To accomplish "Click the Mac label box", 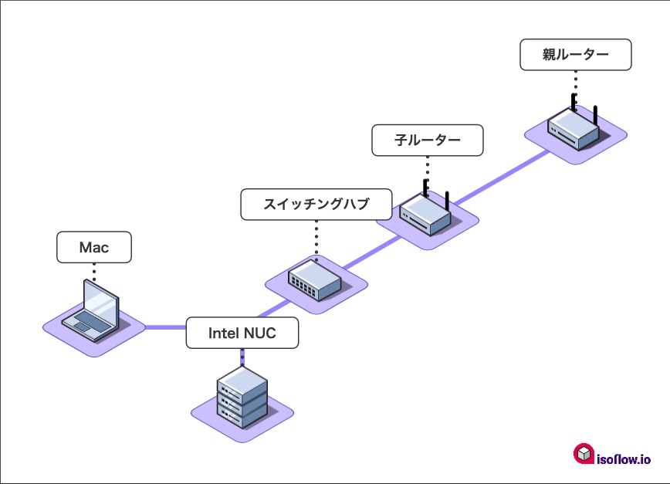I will pyautogui.click(x=94, y=248).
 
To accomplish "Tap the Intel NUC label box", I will pyautogui.click(x=242, y=333).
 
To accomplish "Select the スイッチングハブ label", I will pyautogui.click(x=316, y=205).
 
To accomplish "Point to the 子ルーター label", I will pyautogui.click(x=427, y=140).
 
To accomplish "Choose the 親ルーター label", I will pyautogui.click(x=575, y=55).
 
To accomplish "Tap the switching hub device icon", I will pyautogui.click(x=315, y=280).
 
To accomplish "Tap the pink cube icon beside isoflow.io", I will pyautogui.click(x=584, y=454).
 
